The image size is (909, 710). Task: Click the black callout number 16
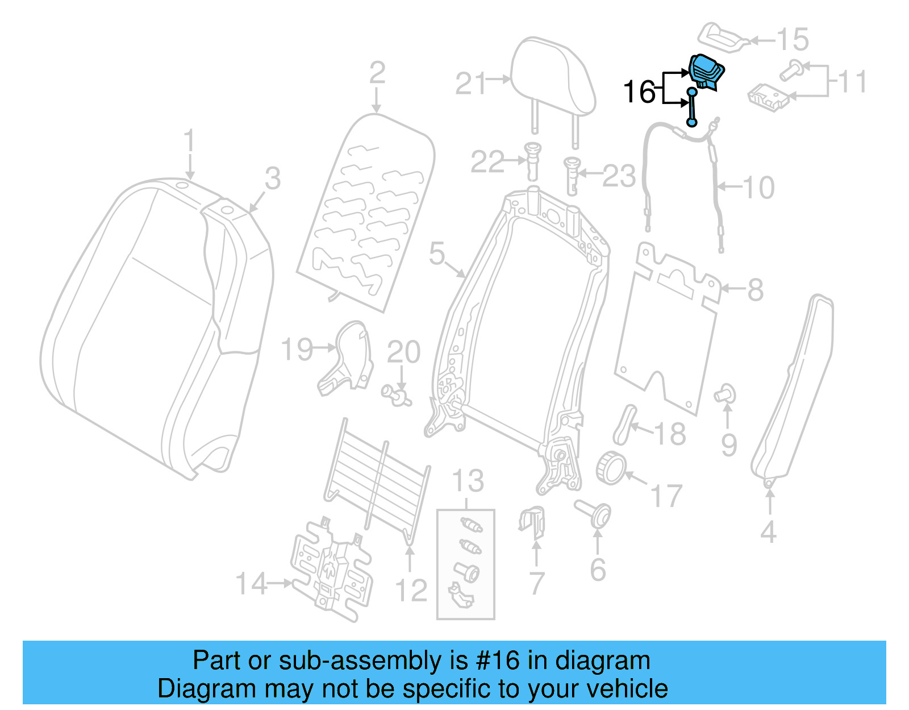click(x=639, y=92)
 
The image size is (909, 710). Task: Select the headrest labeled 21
click(x=552, y=77)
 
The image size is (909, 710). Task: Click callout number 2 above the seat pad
click(x=377, y=73)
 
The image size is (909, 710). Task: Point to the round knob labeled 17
click(x=611, y=467)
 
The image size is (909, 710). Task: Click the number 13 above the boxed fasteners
click(x=468, y=481)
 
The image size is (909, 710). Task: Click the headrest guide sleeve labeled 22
click(x=533, y=160)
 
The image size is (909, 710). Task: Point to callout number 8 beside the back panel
click(x=754, y=290)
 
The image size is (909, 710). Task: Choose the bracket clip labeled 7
click(x=532, y=522)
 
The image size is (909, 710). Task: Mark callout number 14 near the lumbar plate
click(x=251, y=584)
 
